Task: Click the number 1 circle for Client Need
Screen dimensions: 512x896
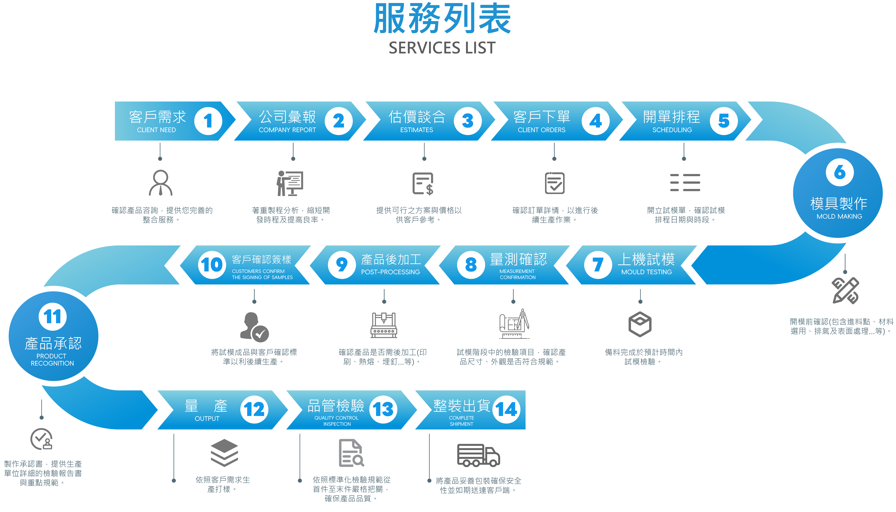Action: click(208, 121)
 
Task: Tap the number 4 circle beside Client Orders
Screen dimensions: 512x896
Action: click(595, 121)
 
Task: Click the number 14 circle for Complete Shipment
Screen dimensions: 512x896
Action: click(506, 409)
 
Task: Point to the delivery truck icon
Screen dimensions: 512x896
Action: click(478, 455)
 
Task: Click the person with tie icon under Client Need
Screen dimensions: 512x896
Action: click(161, 183)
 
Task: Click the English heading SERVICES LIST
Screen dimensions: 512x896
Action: click(442, 48)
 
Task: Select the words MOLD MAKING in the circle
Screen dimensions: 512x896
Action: click(839, 216)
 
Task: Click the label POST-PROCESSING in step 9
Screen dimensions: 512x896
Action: click(390, 272)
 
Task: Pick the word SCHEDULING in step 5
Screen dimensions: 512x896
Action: click(672, 130)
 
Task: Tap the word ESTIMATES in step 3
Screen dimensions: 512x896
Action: click(416, 130)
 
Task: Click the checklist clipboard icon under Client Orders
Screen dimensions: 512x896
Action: click(555, 183)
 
